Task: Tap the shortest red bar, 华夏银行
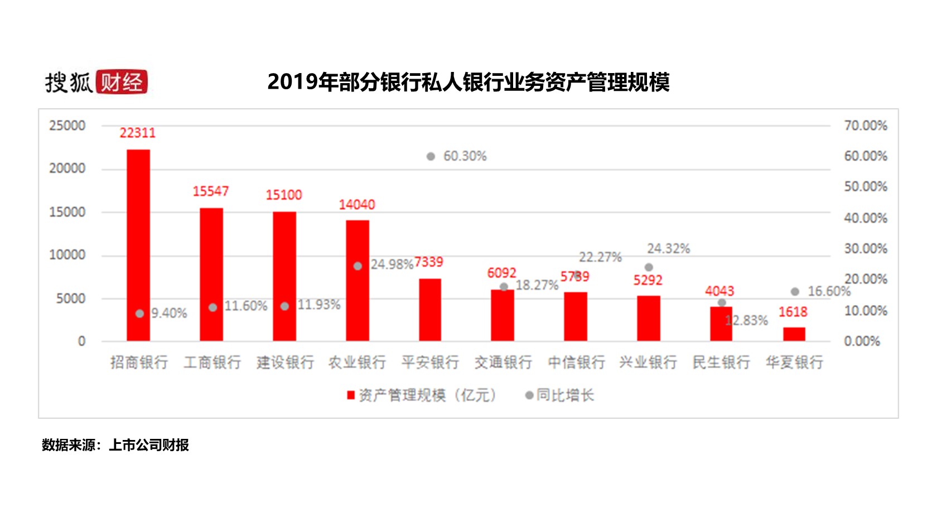click(x=794, y=334)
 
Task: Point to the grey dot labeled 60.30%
click(x=431, y=157)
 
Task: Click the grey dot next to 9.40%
click(x=139, y=313)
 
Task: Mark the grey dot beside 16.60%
click(x=795, y=292)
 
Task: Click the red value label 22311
click(x=138, y=133)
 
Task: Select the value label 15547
click(x=211, y=191)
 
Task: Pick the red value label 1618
click(x=793, y=312)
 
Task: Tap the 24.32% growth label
click(x=668, y=248)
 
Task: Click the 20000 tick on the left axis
click(x=67, y=168)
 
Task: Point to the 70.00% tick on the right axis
click(x=865, y=125)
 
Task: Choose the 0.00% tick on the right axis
click(x=862, y=341)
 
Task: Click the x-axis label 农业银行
click(x=357, y=362)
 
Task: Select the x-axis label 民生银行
click(x=721, y=362)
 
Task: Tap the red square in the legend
click(x=351, y=395)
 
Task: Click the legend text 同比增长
click(x=565, y=395)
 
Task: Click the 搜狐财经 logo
click(x=96, y=82)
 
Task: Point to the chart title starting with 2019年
click(x=468, y=82)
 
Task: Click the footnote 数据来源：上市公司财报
click(x=115, y=445)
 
